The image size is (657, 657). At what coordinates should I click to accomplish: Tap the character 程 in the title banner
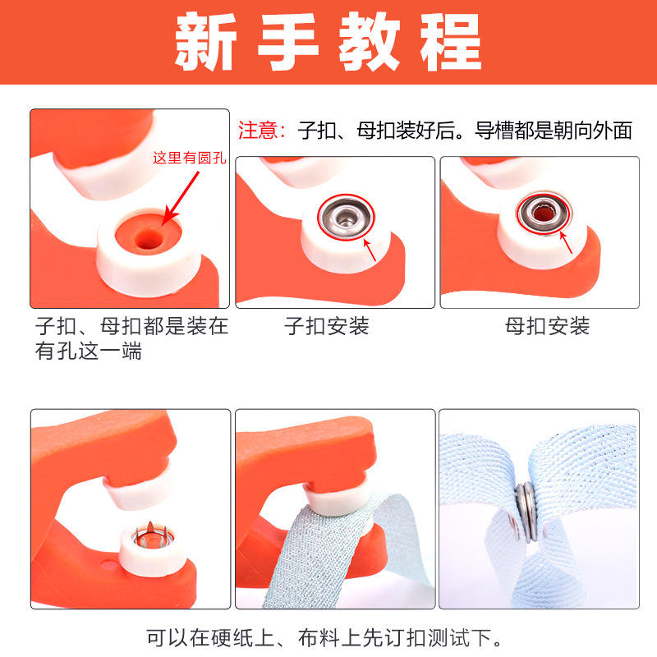pyautogui.click(x=451, y=41)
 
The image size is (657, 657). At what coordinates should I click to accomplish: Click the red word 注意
pyautogui.click(x=258, y=131)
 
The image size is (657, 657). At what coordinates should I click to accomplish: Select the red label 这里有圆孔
pyautogui.click(x=190, y=158)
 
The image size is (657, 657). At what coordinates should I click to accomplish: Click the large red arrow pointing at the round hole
pyautogui.click(x=181, y=199)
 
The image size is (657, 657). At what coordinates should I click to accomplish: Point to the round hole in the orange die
pyautogui.click(x=149, y=239)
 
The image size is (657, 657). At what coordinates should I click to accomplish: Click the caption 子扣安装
pyautogui.click(x=326, y=325)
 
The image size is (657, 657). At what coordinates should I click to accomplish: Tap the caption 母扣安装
pyautogui.click(x=547, y=325)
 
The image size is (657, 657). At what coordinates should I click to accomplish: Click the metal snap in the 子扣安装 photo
pyautogui.click(x=346, y=217)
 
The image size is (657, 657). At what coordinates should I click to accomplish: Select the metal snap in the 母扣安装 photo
pyautogui.click(x=544, y=213)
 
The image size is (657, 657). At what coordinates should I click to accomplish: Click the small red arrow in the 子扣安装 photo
pyautogui.click(x=370, y=250)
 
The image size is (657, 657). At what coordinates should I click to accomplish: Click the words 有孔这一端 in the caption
pyautogui.click(x=89, y=351)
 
